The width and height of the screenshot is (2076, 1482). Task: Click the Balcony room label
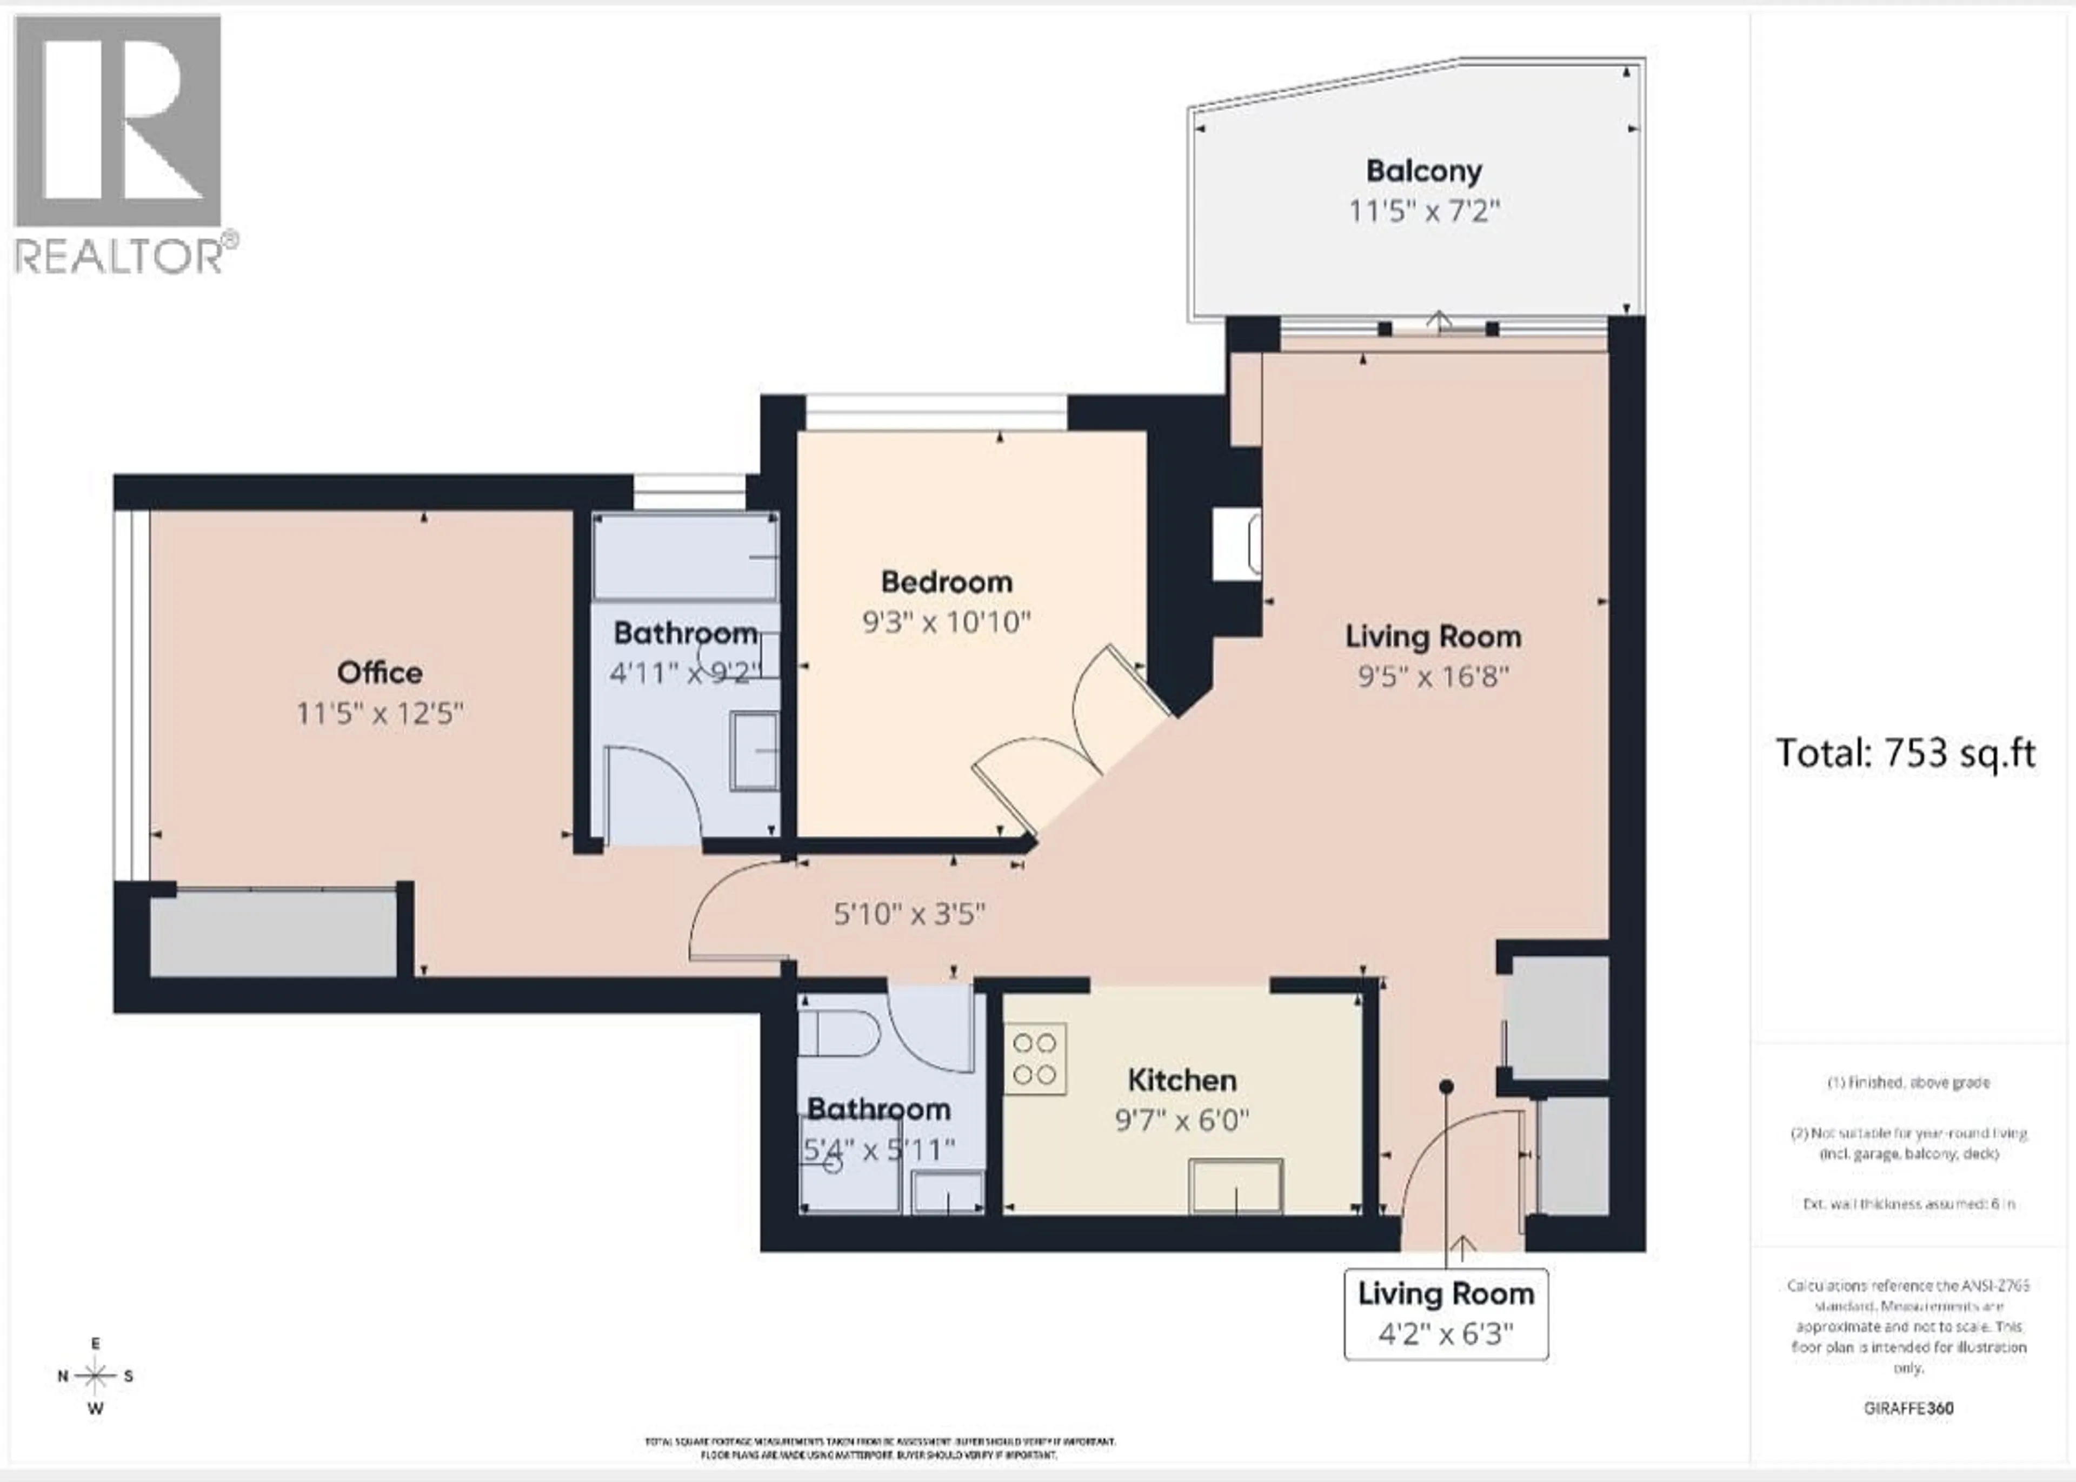coord(1423,171)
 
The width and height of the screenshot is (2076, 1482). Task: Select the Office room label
coord(380,673)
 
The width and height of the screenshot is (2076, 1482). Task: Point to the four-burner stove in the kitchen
coord(1035,1058)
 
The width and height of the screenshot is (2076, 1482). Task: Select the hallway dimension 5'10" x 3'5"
coord(909,914)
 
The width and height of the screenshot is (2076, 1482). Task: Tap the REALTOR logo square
coord(118,120)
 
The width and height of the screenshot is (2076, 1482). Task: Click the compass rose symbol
coord(95,1375)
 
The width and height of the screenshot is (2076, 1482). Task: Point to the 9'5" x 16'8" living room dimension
coord(1432,676)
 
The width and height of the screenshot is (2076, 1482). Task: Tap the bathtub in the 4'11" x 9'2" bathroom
coord(684,556)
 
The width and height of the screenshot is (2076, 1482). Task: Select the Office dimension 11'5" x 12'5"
coord(380,713)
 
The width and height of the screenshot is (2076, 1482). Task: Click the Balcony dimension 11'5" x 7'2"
coord(1423,212)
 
